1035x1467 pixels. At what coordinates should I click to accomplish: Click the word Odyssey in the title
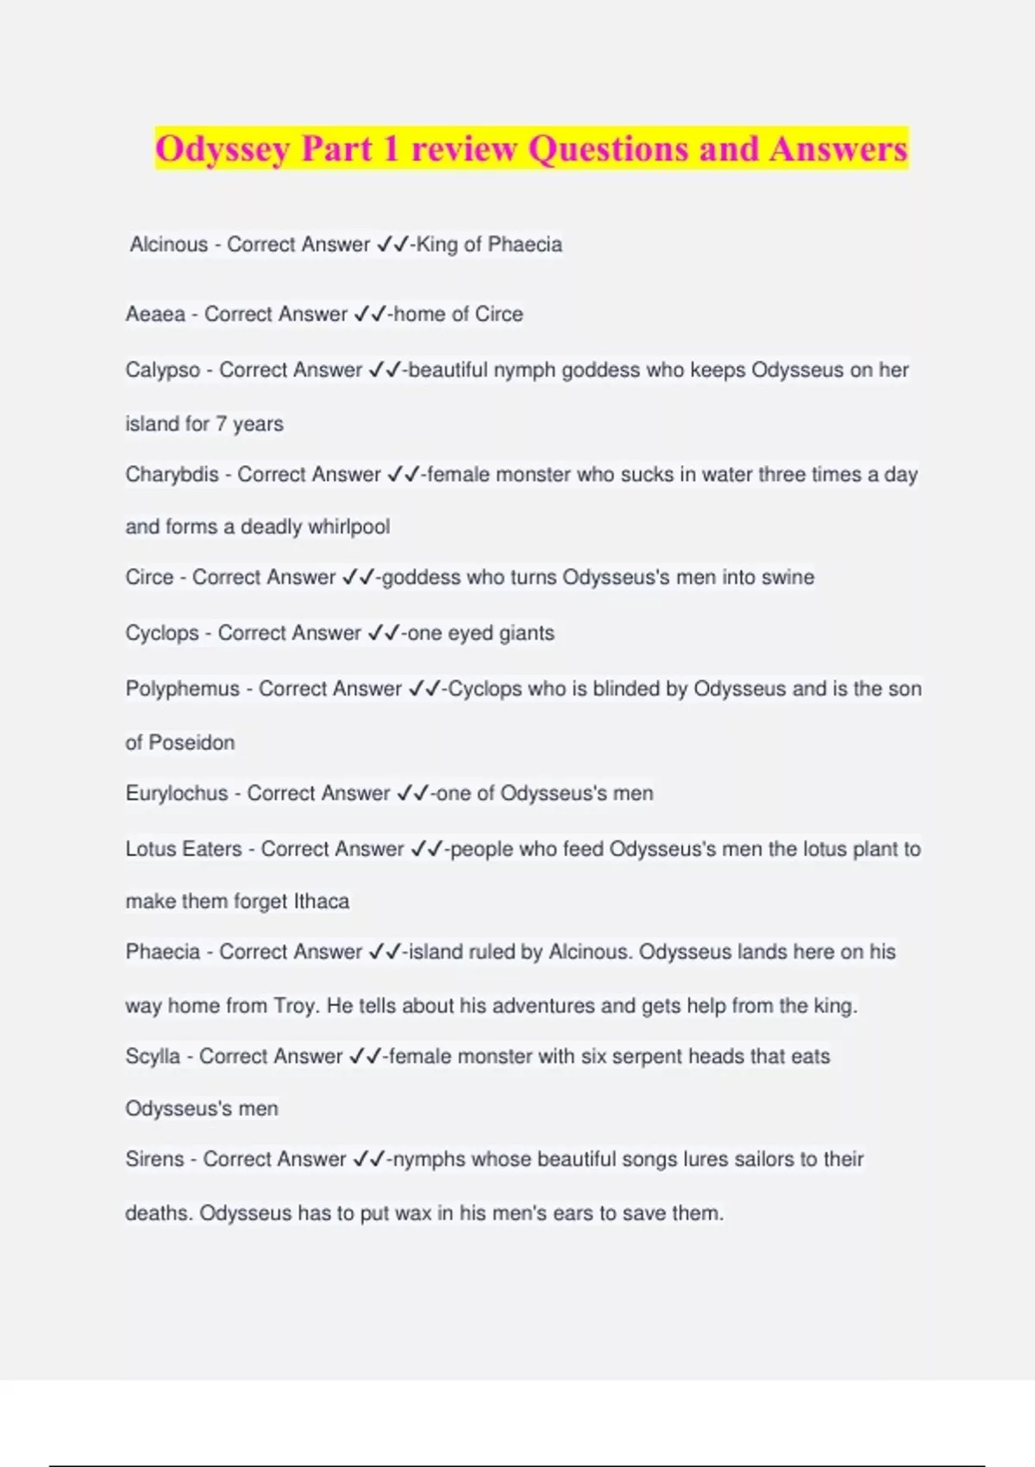(x=222, y=149)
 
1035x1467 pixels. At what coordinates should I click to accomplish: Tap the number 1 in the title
(x=391, y=148)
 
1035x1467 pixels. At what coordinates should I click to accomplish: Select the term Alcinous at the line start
(x=168, y=245)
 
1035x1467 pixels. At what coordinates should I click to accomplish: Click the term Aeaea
(x=155, y=314)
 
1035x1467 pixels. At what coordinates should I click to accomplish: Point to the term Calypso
(x=162, y=370)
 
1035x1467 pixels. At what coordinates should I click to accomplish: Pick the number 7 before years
(x=221, y=424)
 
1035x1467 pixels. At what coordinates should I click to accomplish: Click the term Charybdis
(x=172, y=475)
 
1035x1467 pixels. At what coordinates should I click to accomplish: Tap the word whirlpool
(x=349, y=526)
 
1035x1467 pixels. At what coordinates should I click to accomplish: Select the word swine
(x=788, y=577)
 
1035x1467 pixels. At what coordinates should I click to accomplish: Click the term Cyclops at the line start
(x=161, y=633)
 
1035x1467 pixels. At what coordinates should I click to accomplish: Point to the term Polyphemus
(x=182, y=689)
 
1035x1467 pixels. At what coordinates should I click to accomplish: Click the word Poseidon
(x=191, y=743)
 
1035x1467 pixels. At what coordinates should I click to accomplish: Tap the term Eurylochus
(x=177, y=793)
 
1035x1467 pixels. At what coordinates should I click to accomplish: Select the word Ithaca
(x=321, y=902)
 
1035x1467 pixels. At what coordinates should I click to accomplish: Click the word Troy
(x=294, y=1006)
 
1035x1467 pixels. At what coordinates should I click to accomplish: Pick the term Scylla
(x=153, y=1056)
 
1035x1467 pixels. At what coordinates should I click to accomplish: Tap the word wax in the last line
(x=413, y=1213)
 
